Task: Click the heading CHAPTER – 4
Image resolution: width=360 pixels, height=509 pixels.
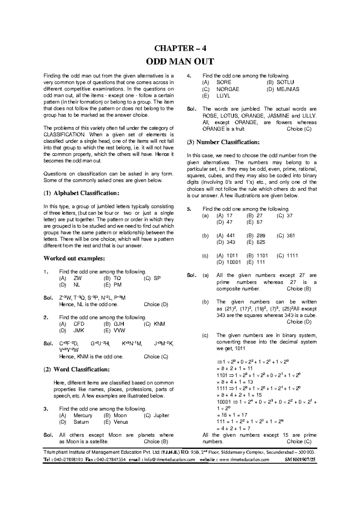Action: (180, 48)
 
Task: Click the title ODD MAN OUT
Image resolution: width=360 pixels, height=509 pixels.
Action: (180, 62)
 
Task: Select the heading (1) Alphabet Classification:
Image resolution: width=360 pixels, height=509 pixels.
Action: (82, 193)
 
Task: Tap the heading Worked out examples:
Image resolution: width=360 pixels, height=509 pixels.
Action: (74, 258)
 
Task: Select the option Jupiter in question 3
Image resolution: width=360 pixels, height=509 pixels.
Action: (161, 415)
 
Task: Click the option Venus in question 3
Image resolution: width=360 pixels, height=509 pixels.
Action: (121, 422)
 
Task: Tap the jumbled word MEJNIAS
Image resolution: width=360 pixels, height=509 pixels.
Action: (288, 89)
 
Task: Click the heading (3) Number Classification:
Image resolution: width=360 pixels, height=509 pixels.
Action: (223, 142)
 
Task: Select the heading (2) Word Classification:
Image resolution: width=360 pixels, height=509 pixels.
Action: (77, 370)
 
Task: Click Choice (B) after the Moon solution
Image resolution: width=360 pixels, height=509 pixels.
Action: (156, 442)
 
